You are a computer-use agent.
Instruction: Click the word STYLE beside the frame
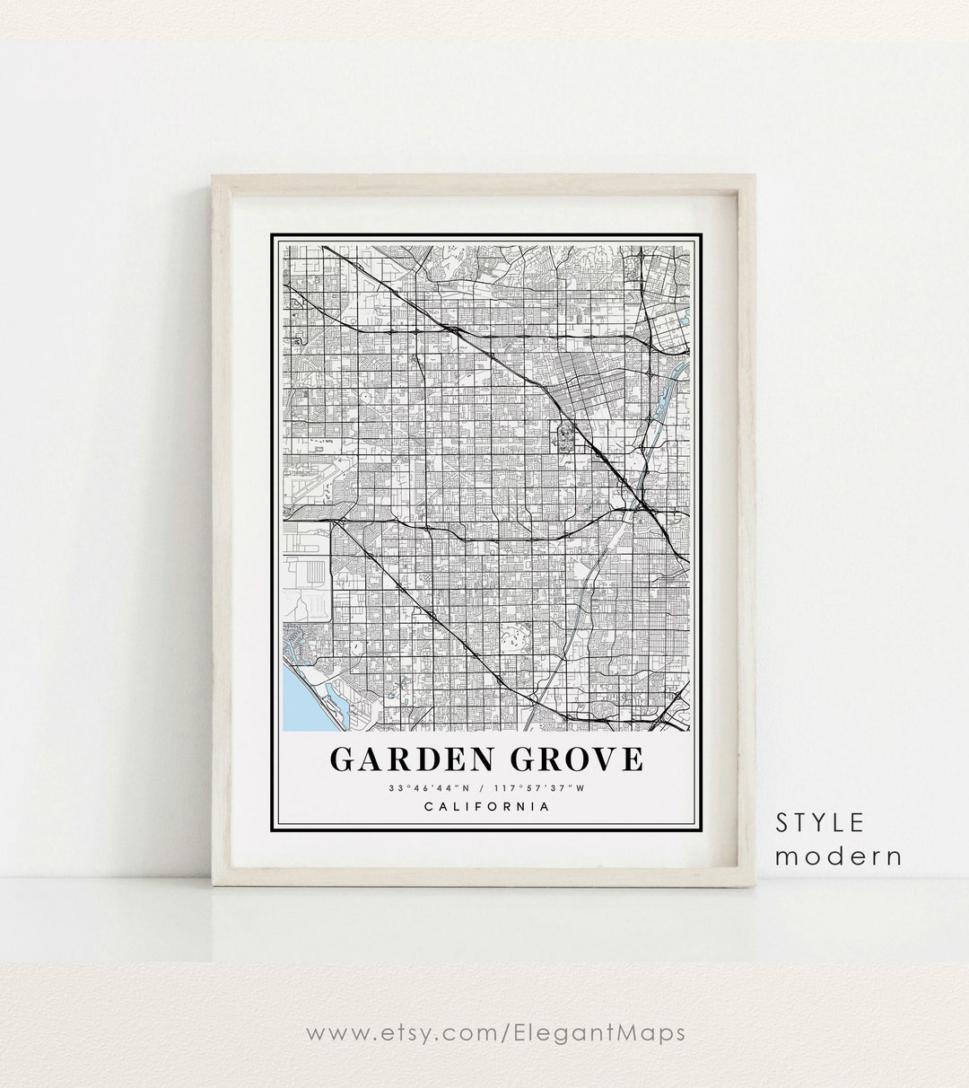[x=822, y=821]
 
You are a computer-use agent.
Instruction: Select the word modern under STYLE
[x=839, y=856]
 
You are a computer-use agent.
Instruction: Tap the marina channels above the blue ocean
[x=301, y=642]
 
